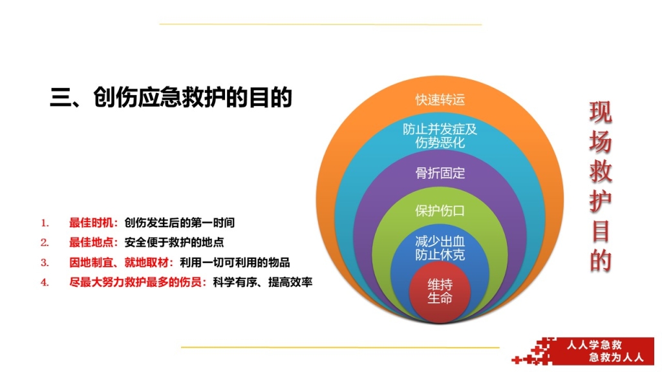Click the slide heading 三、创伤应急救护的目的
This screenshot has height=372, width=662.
click(171, 98)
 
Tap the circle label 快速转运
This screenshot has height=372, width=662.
click(440, 99)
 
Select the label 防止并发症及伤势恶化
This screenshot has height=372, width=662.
click(440, 136)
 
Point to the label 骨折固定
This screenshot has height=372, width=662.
click(440, 173)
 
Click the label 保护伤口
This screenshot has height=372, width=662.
click(440, 211)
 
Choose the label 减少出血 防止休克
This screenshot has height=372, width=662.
click(440, 248)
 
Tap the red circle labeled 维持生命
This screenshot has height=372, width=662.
click(440, 292)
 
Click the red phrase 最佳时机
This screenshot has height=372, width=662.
click(91, 223)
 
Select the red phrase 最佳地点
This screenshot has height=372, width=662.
click(91, 243)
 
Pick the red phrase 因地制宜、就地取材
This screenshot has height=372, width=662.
click(119, 262)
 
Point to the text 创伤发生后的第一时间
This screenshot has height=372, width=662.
click(180, 223)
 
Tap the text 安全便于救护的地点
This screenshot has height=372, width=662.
click(174, 243)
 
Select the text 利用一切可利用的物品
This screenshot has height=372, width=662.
click(235, 262)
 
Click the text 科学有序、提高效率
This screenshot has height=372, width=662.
click(262, 282)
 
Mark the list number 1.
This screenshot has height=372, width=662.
click(45, 223)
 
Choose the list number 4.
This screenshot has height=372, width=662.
click(45, 283)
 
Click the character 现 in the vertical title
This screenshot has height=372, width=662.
click(601, 112)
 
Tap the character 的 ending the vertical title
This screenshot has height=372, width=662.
click(601, 260)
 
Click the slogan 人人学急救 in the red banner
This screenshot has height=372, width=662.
click(595, 345)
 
